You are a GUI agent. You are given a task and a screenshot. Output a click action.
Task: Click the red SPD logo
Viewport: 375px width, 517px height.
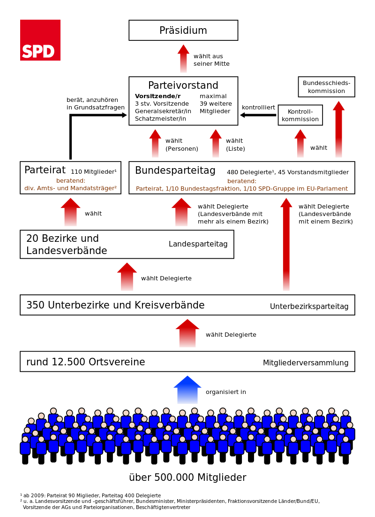click(40, 40)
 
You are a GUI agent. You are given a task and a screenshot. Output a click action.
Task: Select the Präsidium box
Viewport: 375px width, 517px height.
click(183, 31)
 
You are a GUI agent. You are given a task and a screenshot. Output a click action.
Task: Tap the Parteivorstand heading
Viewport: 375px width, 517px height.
click(183, 85)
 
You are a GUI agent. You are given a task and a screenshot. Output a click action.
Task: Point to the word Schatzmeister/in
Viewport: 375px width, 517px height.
click(160, 119)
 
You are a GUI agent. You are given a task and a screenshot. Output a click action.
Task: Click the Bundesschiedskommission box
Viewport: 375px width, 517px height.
click(326, 87)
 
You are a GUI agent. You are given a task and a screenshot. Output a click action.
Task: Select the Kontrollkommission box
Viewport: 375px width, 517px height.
click(300, 115)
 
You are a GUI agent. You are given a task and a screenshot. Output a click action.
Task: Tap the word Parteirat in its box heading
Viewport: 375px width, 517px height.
click(45, 170)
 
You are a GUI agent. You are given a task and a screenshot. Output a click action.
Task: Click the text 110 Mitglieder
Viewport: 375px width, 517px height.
click(93, 172)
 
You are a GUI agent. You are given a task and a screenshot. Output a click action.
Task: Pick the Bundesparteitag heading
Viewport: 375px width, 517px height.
click(175, 170)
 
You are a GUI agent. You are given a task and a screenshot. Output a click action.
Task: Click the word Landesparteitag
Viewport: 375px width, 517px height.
click(198, 244)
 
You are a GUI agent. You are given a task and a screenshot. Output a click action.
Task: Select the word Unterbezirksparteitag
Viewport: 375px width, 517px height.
click(309, 307)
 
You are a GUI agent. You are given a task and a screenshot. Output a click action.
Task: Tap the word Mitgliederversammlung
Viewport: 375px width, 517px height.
click(306, 363)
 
